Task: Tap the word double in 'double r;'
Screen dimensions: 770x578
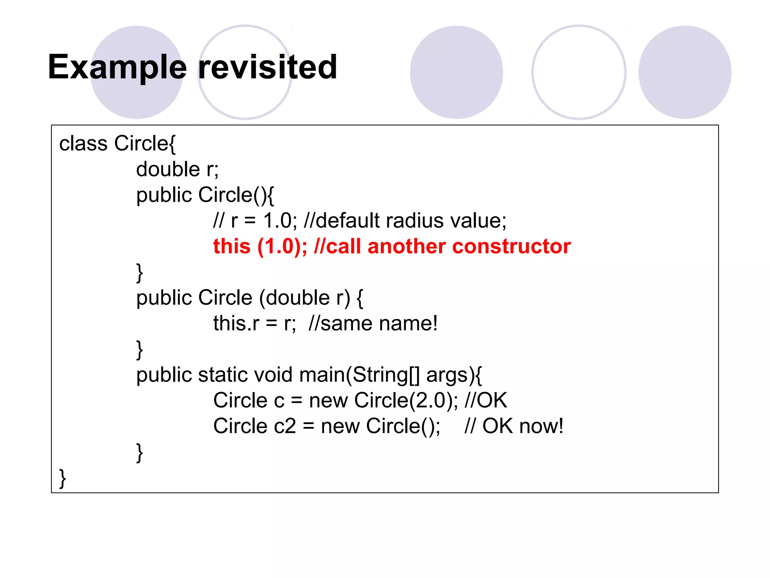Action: (168, 169)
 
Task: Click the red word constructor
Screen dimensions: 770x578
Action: (511, 247)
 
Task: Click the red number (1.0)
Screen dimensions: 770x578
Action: (282, 247)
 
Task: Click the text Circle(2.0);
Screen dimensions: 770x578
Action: (406, 400)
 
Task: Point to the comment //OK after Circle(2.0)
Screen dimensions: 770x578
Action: (486, 400)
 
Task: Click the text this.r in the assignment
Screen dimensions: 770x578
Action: (236, 324)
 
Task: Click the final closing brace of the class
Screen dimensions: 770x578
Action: (63, 479)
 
